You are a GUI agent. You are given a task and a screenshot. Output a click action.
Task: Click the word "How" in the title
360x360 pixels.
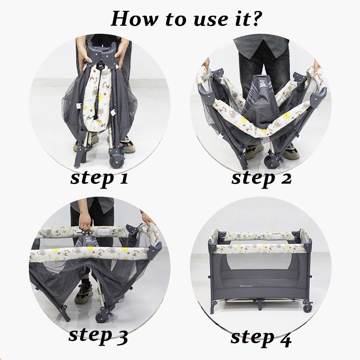(133, 18)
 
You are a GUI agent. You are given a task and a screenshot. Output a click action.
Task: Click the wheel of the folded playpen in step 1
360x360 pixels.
(117, 162)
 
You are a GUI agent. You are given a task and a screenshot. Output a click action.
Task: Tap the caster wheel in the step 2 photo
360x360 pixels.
(271, 162)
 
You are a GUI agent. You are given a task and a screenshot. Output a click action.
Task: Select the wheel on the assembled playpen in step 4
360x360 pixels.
(308, 307)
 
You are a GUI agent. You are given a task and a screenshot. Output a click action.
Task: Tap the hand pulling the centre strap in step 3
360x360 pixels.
(85, 222)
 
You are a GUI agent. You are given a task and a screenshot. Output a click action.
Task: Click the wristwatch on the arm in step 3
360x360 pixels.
(142, 211)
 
